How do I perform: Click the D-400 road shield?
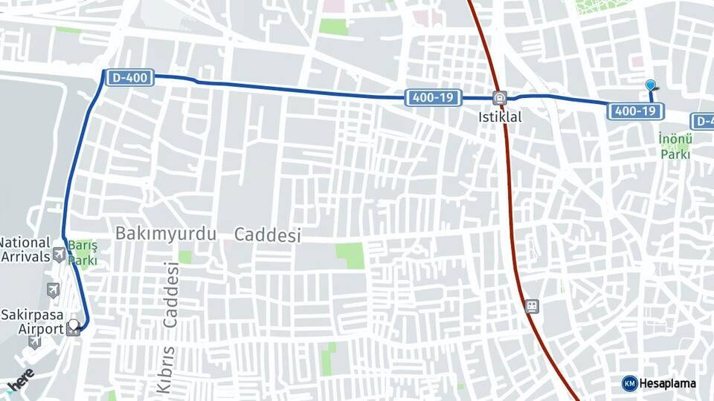pyautogui.click(x=129, y=76)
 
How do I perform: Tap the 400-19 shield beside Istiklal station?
pyautogui.click(x=433, y=97)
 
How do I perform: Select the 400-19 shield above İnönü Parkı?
pyautogui.click(x=636, y=111)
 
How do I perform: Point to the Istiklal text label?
pyautogui.click(x=500, y=117)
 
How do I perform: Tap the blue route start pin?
pyautogui.click(x=651, y=86)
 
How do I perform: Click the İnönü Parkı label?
pyautogui.click(x=675, y=146)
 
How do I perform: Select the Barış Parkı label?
pyautogui.click(x=83, y=252)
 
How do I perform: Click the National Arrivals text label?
pyautogui.click(x=25, y=250)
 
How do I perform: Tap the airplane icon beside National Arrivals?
pyautogui.click(x=59, y=256)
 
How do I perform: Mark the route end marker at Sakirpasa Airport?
pyautogui.click(x=73, y=327)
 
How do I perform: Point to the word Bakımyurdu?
pyautogui.click(x=165, y=234)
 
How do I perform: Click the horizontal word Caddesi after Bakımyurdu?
pyautogui.click(x=268, y=235)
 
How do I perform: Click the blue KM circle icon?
pyautogui.click(x=629, y=383)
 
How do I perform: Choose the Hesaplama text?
pyautogui.click(x=667, y=383)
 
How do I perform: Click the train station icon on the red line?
pyautogui.click(x=531, y=306)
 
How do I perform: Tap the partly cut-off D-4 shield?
pyautogui.click(x=703, y=120)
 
